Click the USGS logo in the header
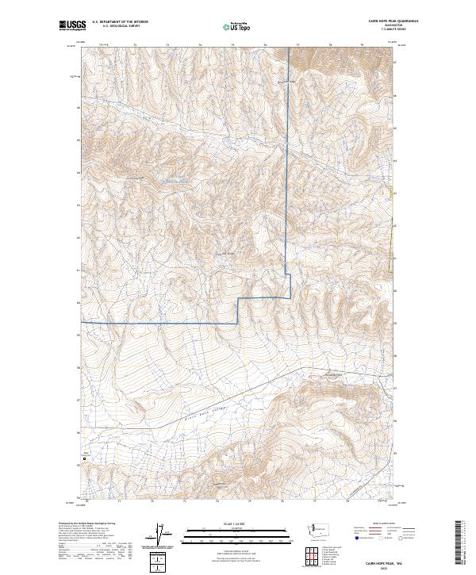(x=73, y=26)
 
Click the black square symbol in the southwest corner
(x=86, y=459)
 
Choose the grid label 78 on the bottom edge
(x=347, y=502)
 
